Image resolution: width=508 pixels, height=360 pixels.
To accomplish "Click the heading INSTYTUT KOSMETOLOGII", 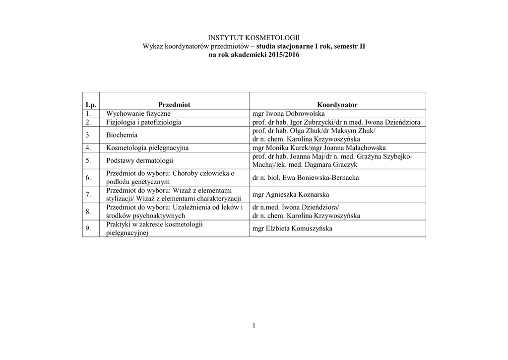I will (x=254, y=38).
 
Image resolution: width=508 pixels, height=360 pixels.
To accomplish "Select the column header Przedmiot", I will (x=174, y=105).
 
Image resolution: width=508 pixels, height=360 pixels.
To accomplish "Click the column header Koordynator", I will (x=337, y=105).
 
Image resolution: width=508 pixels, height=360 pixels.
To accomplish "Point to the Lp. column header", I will (x=91, y=105).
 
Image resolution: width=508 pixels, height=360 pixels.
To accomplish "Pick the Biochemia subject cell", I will (x=122, y=135).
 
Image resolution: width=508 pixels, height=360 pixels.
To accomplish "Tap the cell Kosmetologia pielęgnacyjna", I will (x=147, y=148).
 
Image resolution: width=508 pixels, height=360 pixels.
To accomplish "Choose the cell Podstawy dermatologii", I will (x=139, y=160).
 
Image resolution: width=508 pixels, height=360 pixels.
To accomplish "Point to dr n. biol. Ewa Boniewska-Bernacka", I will (x=305, y=178).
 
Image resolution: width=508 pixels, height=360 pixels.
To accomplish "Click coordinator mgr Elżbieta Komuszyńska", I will (x=292, y=228).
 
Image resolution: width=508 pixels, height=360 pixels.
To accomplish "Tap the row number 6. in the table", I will (x=88, y=178).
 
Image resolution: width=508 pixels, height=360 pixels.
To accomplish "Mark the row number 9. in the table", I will (x=88, y=228).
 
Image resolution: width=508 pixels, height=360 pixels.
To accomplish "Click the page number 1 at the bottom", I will (x=254, y=326).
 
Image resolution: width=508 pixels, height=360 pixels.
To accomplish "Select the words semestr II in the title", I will (x=349, y=46).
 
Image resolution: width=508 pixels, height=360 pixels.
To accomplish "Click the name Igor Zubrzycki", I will (x=308, y=122).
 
